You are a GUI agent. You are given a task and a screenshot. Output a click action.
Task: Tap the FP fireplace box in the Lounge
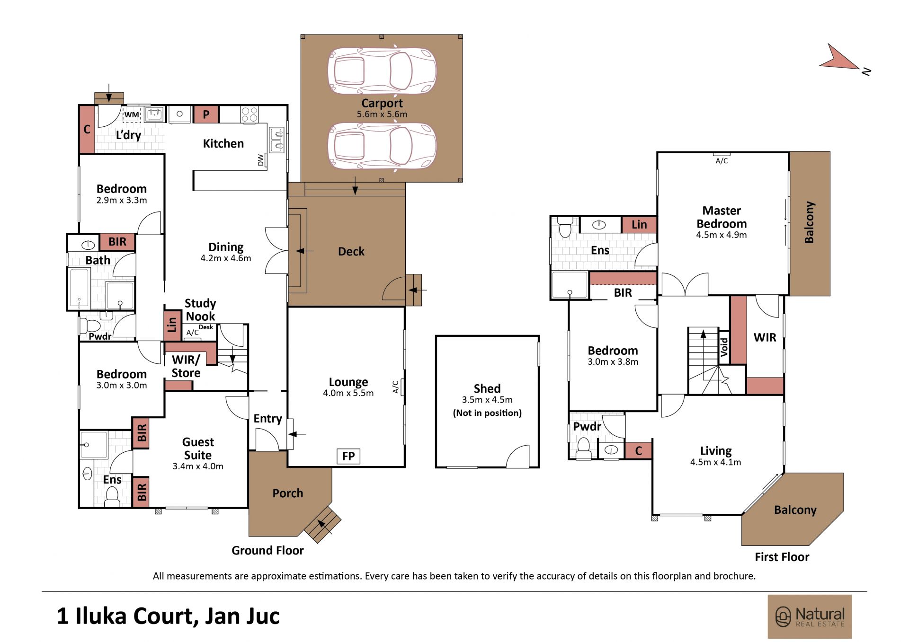pyautogui.click(x=348, y=457)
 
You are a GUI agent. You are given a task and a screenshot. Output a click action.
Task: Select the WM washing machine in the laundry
pyautogui.click(x=132, y=114)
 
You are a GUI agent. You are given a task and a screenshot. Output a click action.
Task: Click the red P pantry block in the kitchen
pyautogui.click(x=206, y=114)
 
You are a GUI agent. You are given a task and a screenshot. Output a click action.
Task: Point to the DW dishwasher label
pyautogui.click(x=260, y=160)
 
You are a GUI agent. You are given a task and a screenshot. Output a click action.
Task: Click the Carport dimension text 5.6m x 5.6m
pyautogui.click(x=382, y=114)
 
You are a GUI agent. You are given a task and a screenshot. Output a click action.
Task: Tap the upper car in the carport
pyautogui.click(x=382, y=71)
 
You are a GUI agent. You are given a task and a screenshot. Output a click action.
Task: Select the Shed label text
pyautogui.click(x=487, y=388)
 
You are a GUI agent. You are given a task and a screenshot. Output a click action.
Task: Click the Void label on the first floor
pyautogui.click(x=724, y=347)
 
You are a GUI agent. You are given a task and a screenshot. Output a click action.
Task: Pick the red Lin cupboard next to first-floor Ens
pyautogui.click(x=639, y=225)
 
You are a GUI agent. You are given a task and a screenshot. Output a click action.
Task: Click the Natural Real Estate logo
pyautogui.click(x=810, y=617)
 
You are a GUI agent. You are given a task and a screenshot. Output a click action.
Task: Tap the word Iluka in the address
pyautogui.click(x=101, y=616)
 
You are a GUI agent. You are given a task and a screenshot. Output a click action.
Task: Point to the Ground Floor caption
pyautogui.click(x=267, y=550)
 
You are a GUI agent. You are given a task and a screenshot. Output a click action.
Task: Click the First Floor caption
pyautogui.click(x=782, y=557)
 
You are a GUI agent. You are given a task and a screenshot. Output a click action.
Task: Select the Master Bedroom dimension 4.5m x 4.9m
pyautogui.click(x=722, y=235)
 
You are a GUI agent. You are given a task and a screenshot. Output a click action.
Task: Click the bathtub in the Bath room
pyautogui.click(x=80, y=288)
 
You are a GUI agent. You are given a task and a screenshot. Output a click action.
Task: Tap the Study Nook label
pyautogui.click(x=200, y=310)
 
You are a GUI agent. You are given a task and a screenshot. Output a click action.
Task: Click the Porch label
pyautogui.click(x=288, y=493)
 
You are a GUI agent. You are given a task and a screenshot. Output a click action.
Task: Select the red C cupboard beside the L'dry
pyautogui.click(x=87, y=129)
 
